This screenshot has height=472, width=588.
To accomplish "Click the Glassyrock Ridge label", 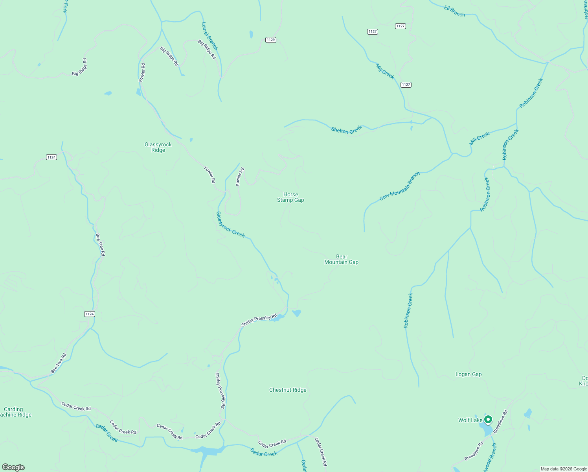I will pyautogui.click(x=158, y=147).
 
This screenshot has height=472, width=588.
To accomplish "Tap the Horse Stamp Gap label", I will pyautogui.click(x=290, y=197).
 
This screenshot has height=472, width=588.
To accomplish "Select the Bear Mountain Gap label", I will pyautogui.click(x=341, y=259).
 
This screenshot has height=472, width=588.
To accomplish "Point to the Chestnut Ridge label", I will pyautogui.click(x=288, y=390).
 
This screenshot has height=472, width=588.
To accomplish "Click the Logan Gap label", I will pyautogui.click(x=468, y=374).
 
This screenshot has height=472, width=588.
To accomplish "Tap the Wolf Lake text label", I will pyautogui.click(x=470, y=420).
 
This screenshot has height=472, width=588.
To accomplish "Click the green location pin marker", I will pyautogui.click(x=488, y=420).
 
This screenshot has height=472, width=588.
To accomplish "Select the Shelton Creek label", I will pyautogui.click(x=346, y=130).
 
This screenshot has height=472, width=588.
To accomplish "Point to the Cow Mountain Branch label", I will pyautogui.click(x=400, y=186).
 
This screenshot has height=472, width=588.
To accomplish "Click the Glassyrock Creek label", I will pyautogui.click(x=230, y=225).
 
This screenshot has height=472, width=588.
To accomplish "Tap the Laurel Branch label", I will pyautogui.click(x=209, y=36).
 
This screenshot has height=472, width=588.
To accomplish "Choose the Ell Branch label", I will pyautogui.click(x=454, y=11).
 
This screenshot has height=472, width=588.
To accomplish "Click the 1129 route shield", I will pyautogui.click(x=270, y=40).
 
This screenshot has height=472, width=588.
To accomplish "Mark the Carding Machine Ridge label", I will pyautogui.click(x=15, y=412).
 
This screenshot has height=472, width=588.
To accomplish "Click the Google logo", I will pyautogui.click(x=13, y=467).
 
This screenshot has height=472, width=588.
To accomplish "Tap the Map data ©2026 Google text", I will pyautogui.click(x=563, y=469).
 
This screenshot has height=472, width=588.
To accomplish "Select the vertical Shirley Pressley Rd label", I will pyautogui.click(x=220, y=390).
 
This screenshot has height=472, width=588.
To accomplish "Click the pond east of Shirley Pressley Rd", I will pyautogui.click(x=296, y=313).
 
